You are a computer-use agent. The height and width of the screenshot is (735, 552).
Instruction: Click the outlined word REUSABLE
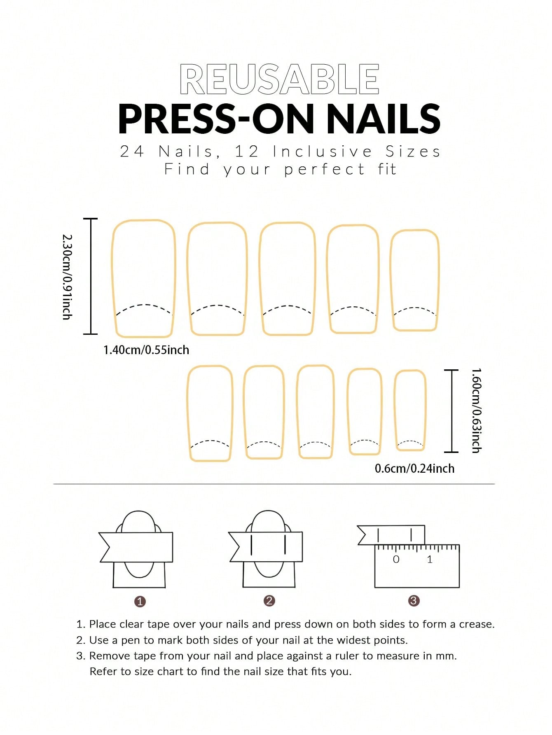coord(279,79)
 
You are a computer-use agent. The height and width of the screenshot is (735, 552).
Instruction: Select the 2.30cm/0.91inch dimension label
coord(67,277)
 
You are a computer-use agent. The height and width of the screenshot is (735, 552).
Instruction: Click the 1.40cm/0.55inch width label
coord(146,350)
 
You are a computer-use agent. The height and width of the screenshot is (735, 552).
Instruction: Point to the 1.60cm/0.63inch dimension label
coord(476,411)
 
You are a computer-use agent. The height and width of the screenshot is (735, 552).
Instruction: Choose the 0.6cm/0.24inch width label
coord(414,468)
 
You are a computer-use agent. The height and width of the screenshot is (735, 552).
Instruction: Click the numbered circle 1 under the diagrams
coord(140,602)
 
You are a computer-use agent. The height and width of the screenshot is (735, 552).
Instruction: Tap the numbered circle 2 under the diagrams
coord(269,601)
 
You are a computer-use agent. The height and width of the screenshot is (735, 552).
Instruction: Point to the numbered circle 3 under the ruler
coord(414,601)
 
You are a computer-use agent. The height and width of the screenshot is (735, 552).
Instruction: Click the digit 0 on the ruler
coord(396,559)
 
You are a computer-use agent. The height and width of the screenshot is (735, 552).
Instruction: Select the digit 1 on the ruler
coord(430,559)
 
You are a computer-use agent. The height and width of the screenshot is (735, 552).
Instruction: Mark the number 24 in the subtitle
coord(132,152)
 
